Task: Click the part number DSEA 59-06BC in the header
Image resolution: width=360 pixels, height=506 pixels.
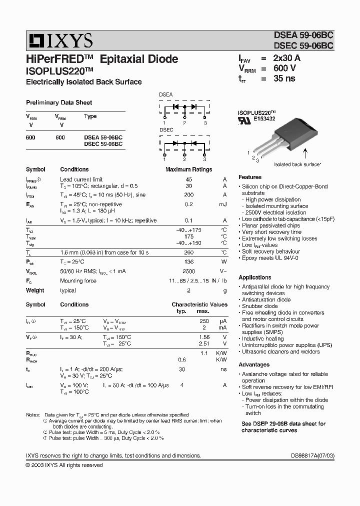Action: point(303,35)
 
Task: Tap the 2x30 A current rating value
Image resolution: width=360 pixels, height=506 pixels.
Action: point(287,58)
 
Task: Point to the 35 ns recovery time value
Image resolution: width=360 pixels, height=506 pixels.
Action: point(284,78)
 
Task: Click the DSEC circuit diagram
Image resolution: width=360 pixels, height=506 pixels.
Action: point(184,144)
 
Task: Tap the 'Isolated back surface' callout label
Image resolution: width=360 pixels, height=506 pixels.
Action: point(297,164)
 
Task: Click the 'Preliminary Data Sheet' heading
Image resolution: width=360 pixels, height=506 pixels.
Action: point(59,102)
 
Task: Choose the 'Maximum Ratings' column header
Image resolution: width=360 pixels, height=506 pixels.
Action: point(188,169)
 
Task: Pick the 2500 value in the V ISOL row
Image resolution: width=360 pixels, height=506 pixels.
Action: point(189,271)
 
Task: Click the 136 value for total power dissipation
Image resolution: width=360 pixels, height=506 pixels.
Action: point(189,261)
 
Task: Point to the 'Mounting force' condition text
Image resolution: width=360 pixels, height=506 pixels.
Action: point(78,281)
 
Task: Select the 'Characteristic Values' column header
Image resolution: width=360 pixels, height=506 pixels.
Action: point(199,304)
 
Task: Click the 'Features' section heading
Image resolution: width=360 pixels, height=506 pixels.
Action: point(250,177)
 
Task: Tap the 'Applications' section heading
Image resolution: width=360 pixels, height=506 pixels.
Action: point(255,277)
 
